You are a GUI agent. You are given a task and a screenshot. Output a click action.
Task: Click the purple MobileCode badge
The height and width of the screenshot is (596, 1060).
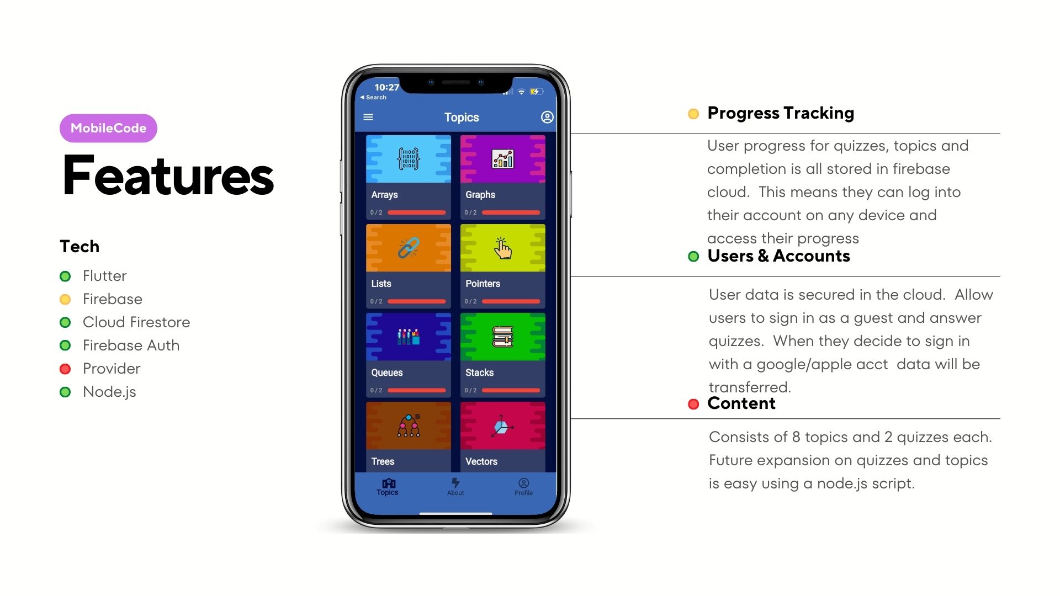point(108,128)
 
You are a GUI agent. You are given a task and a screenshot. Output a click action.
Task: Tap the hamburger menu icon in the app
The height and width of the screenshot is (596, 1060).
point(368,117)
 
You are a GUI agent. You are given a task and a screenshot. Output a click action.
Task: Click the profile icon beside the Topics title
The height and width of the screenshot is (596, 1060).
point(547,117)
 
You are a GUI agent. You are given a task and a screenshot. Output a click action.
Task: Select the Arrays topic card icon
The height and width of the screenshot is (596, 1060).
point(409,158)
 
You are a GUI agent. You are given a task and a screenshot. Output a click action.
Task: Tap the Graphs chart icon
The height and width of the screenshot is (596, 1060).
point(502,159)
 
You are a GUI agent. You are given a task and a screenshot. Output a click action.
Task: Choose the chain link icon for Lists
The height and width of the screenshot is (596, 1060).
point(409,248)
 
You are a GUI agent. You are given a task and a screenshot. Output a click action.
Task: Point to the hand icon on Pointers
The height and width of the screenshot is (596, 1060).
point(502,248)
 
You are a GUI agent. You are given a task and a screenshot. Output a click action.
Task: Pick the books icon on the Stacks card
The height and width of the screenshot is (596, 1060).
point(502,337)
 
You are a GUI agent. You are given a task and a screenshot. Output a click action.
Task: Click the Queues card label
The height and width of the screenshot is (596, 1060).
point(387,372)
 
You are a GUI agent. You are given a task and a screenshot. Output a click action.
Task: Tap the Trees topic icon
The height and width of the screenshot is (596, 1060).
point(409,425)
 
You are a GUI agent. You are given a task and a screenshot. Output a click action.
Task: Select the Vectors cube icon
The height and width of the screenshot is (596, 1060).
point(502,426)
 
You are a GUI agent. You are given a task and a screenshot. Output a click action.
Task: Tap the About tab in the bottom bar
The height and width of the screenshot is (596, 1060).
point(455,487)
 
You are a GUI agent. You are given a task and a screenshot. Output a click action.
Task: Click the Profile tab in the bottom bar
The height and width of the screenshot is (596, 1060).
point(523,487)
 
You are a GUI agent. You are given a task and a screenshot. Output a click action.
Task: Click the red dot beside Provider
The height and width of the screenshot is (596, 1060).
point(65,369)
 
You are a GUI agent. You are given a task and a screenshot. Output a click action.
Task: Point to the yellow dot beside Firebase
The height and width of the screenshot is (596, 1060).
point(65,299)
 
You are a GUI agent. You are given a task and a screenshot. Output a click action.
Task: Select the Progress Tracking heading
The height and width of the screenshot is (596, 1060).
point(781,113)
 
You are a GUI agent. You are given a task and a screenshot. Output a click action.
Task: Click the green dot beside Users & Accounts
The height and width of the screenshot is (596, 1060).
point(693,256)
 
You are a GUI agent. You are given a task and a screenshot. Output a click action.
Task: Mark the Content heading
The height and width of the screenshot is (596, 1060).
point(741,403)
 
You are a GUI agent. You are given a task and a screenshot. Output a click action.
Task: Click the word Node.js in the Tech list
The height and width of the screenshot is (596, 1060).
point(109,392)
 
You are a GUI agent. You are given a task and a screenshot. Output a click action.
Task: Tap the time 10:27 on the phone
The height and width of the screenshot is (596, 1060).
point(386,87)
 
